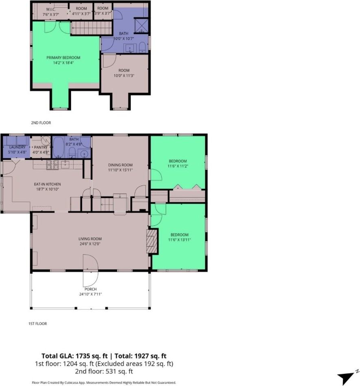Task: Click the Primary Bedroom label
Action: [63, 58]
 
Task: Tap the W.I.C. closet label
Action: [51, 9]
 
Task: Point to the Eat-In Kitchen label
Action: [47, 184]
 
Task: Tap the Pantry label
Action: [41, 147]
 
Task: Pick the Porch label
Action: [91, 289]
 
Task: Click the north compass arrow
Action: [346, 377]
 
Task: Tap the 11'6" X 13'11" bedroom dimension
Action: [179, 240]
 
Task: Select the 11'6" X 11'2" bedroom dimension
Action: [178, 166]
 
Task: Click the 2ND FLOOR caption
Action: [41, 122]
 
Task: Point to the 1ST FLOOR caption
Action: [37, 324]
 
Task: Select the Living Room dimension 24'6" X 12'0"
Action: [90, 244]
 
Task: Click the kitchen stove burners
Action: [53, 164]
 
